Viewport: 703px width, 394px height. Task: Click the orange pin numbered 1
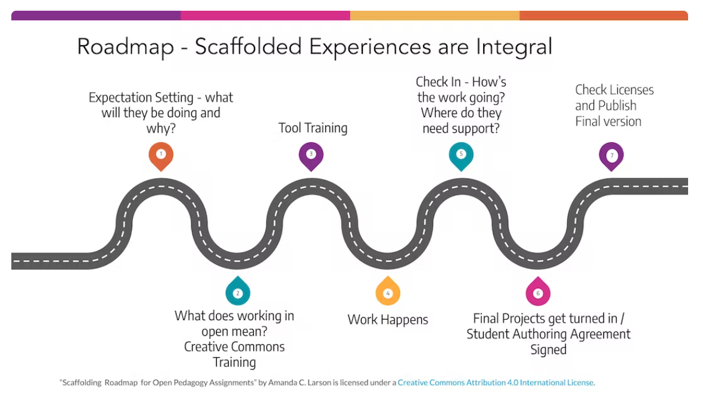161,155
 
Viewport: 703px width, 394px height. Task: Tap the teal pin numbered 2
238,292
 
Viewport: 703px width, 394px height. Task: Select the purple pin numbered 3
311,155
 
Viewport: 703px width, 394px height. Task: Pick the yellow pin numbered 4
388,292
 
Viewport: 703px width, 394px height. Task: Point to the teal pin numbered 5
461,155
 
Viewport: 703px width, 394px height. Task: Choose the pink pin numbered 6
538,292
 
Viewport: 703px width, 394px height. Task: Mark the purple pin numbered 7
611,155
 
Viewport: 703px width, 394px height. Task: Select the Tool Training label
313,128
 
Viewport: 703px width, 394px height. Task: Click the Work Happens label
388,320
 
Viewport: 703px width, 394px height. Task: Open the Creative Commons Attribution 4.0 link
496,383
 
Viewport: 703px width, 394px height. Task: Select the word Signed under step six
548,350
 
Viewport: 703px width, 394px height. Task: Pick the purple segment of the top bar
96,15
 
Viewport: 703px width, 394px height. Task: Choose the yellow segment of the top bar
435,15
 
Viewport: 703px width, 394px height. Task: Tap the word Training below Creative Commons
234,362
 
